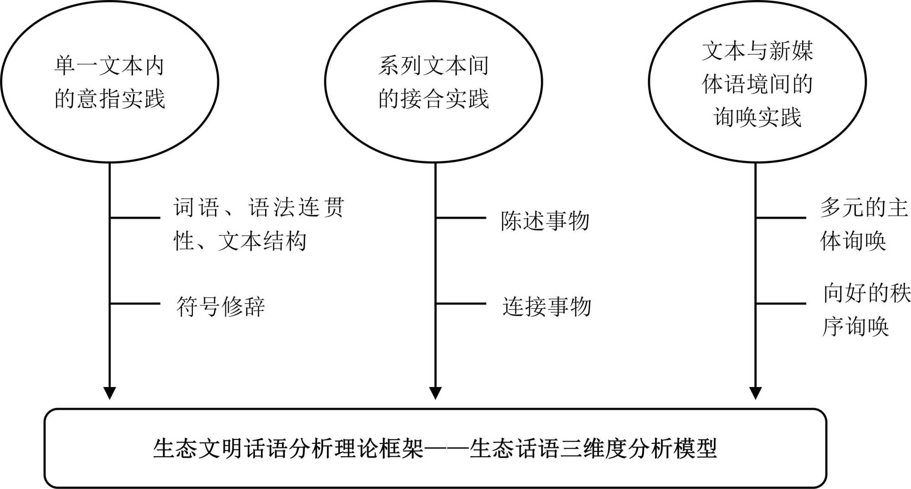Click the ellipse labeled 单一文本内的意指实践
point(109,82)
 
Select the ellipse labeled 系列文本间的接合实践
point(434,82)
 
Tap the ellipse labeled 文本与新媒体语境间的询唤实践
point(757,82)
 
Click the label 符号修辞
point(220,306)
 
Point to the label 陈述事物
point(545,221)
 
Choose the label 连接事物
point(547,306)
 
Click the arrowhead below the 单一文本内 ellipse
point(109,392)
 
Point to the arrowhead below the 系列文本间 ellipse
point(435,392)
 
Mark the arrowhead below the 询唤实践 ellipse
point(756,392)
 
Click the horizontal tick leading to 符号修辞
point(135,303)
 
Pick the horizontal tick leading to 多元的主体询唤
point(781,218)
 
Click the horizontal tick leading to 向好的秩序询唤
point(781,303)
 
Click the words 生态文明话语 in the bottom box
point(220,448)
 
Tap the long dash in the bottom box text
point(446,448)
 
